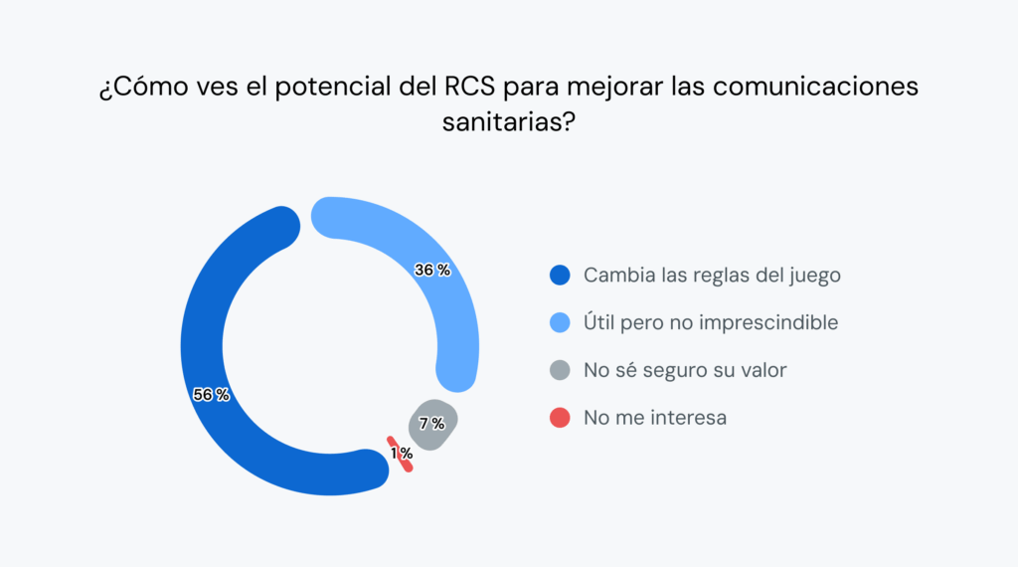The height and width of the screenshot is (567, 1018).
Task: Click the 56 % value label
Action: click(x=211, y=395)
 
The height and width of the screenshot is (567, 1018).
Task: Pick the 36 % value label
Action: click(x=432, y=270)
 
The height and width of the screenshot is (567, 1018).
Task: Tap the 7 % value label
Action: click(x=431, y=424)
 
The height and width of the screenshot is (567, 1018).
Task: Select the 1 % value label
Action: click(x=402, y=453)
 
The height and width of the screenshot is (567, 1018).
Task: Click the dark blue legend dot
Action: click(x=560, y=276)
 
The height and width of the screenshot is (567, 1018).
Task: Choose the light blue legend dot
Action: click(x=560, y=322)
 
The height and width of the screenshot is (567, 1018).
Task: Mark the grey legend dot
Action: click(x=560, y=370)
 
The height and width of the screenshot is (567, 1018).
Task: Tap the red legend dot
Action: click(x=560, y=418)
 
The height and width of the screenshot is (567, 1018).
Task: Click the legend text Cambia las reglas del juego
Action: click(x=712, y=276)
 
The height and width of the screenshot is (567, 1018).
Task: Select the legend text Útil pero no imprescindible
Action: click(x=711, y=322)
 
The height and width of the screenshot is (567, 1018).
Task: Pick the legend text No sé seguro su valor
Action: click(x=685, y=370)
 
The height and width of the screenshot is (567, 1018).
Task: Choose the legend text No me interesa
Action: click(x=655, y=418)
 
